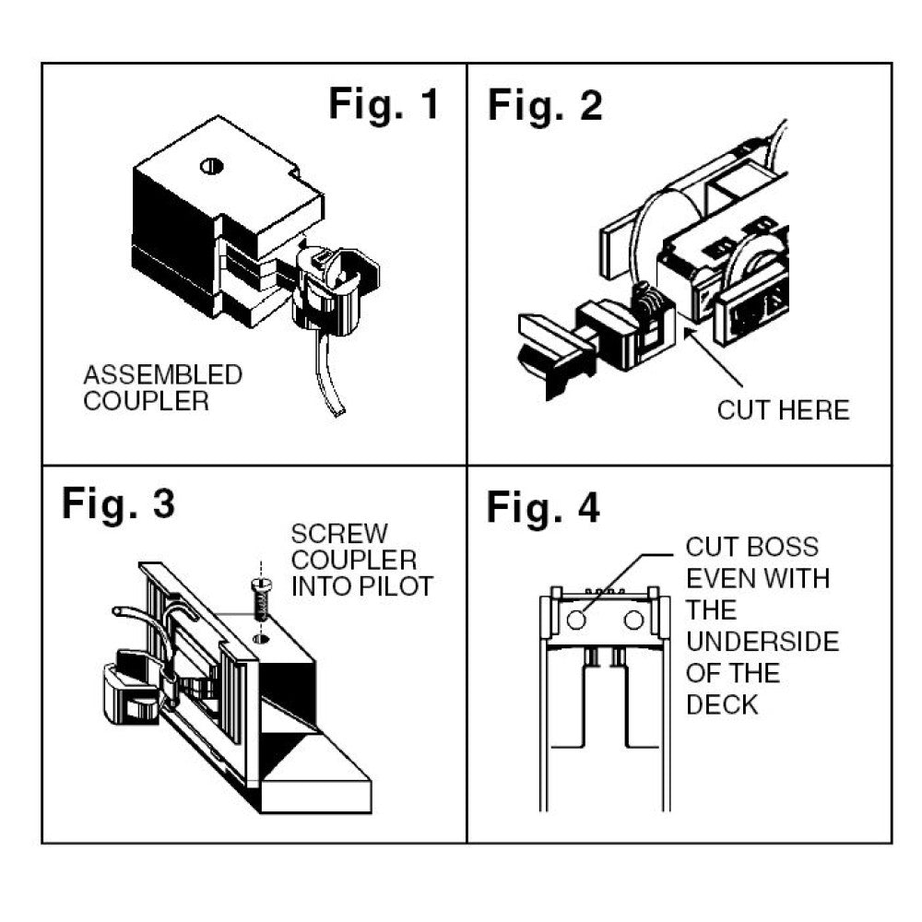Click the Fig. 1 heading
(384, 105)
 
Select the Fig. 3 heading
(119, 504)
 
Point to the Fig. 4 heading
(543, 507)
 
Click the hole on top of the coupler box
(211, 167)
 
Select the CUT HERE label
(783, 410)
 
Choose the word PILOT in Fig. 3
(399, 586)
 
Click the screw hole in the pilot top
(261, 637)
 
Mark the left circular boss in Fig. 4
(576, 621)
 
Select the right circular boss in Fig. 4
(632, 621)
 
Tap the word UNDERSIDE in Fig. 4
(762, 642)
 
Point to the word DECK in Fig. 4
(722, 704)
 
